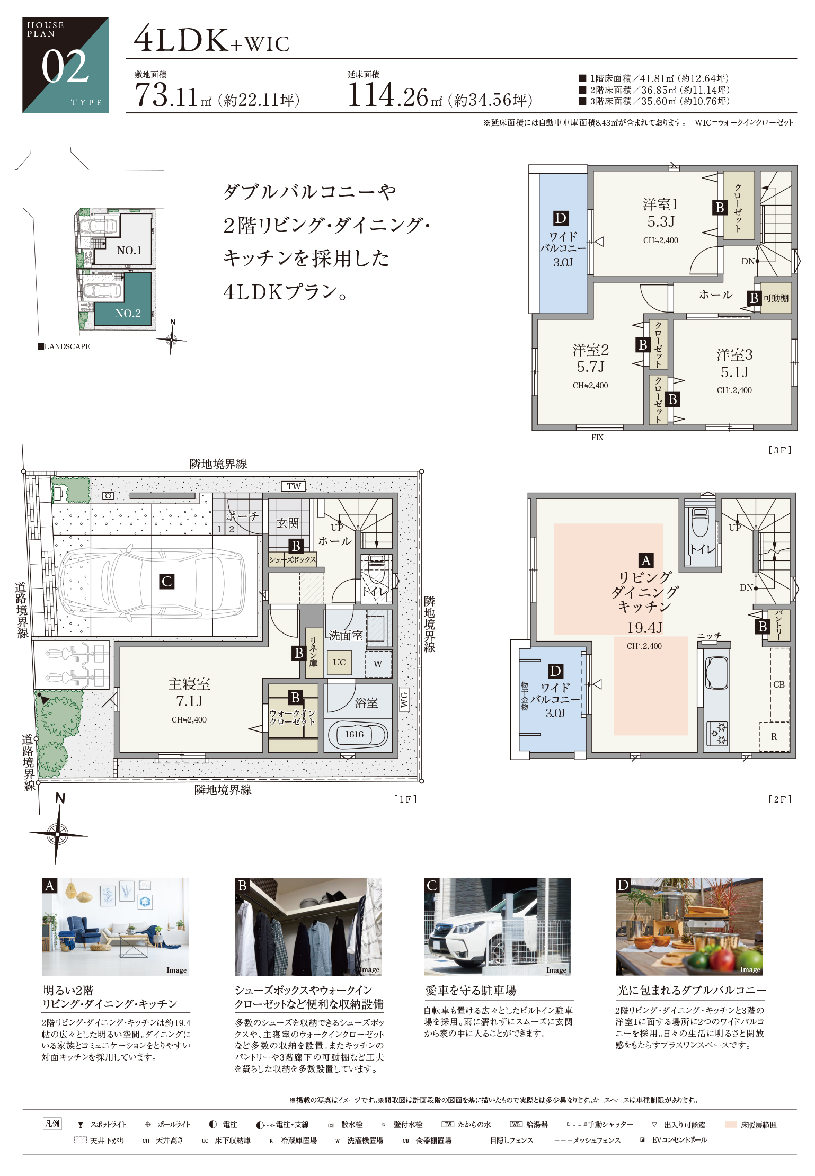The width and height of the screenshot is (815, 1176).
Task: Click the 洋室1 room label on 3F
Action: (x=660, y=204)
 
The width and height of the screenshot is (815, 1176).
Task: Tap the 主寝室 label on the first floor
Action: (x=189, y=684)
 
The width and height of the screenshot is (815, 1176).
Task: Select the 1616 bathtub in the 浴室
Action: (x=358, y=735)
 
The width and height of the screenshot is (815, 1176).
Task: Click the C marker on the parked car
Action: (x=167, y=582)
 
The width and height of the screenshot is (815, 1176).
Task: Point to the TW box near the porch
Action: (x=294, y=486)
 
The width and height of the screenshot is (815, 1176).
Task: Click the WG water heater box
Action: (x=404, y=700)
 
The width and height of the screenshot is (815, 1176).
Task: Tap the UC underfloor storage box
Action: (x=339, y=662)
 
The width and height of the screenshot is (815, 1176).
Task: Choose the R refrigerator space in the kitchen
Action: (x=774, y=736)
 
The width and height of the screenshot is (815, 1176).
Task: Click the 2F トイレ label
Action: (x=702, y=549)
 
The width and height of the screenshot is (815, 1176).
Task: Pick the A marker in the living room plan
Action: (x=645, y=560)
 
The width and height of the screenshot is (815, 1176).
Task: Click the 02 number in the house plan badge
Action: (x=65, y=67)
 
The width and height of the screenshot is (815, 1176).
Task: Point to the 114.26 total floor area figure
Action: (x=387, y=96)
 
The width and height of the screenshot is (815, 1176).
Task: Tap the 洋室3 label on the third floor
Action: (x=734, y=354)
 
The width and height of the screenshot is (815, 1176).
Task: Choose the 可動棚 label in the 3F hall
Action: (x=776, y=298)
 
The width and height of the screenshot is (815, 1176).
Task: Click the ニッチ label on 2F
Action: (x=710, y=636)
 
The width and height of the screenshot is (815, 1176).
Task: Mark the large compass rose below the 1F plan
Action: (x=57, y=834)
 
